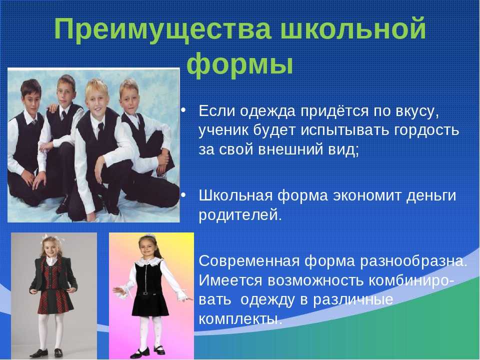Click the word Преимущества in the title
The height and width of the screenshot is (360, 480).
coord(162,29)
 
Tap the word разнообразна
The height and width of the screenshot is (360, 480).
coord(413,261)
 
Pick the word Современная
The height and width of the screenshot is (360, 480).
coord(249,261)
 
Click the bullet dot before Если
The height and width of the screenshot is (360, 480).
coord(183,110)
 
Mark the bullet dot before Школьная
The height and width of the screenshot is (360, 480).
coord(183,195)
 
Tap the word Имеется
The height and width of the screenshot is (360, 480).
coord(230,281)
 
